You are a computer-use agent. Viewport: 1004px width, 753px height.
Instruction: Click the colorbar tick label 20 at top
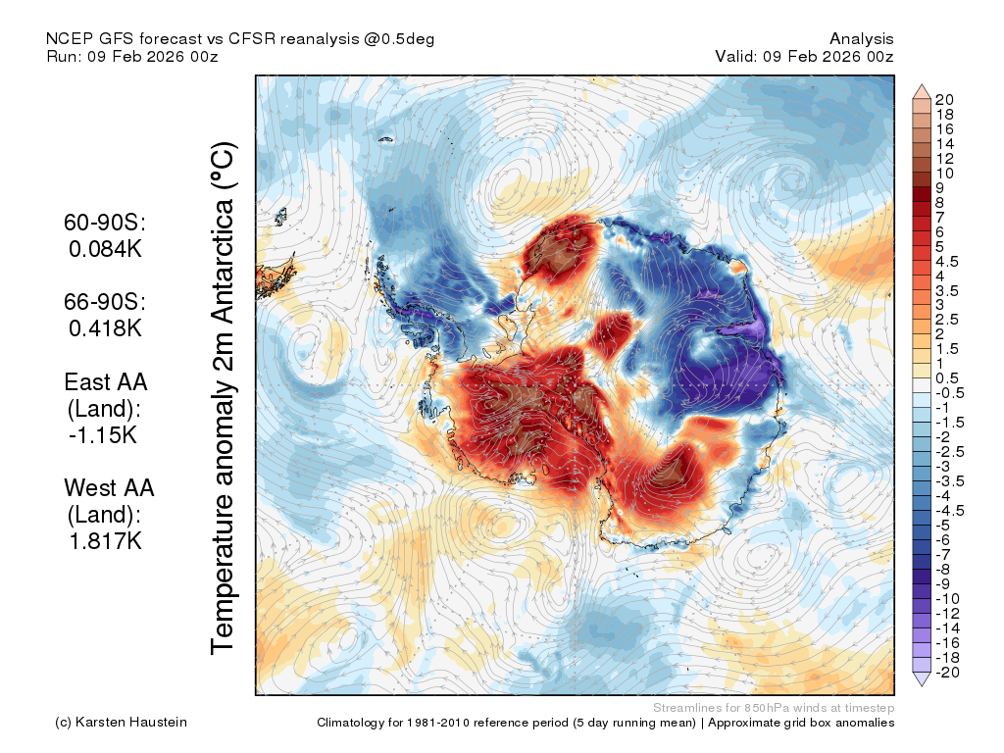[944, 100]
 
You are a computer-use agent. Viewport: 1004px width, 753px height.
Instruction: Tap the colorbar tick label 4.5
[947, 262]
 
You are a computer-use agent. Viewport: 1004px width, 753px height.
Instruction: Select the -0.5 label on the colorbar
[949, 393]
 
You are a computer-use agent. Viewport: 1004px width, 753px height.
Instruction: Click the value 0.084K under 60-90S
[105, 249]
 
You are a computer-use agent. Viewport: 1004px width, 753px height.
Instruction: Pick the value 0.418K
[105, 328]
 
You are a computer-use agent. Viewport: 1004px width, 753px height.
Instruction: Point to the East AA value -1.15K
[103, 435]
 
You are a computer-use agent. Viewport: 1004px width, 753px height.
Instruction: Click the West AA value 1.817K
[105, 541]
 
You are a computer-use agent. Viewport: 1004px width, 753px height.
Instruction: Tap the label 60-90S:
[105, 223]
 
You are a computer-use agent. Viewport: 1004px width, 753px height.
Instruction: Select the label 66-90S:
[105, 302]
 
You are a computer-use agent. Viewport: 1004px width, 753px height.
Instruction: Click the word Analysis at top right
[861, 39]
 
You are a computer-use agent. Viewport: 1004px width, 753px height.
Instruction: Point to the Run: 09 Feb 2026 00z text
[132, 56]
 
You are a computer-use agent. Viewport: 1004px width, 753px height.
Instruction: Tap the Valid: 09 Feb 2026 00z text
[804, 56]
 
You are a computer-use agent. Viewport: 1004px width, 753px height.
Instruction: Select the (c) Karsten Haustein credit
[121, 723]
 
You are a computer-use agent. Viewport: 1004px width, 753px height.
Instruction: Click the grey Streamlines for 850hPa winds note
[774, 708]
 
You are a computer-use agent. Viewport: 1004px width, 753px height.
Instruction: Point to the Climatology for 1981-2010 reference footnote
[606, 723]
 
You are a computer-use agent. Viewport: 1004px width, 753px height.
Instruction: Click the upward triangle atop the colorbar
[922, 91]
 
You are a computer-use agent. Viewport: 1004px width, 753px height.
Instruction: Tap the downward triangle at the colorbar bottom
[922, 678]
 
